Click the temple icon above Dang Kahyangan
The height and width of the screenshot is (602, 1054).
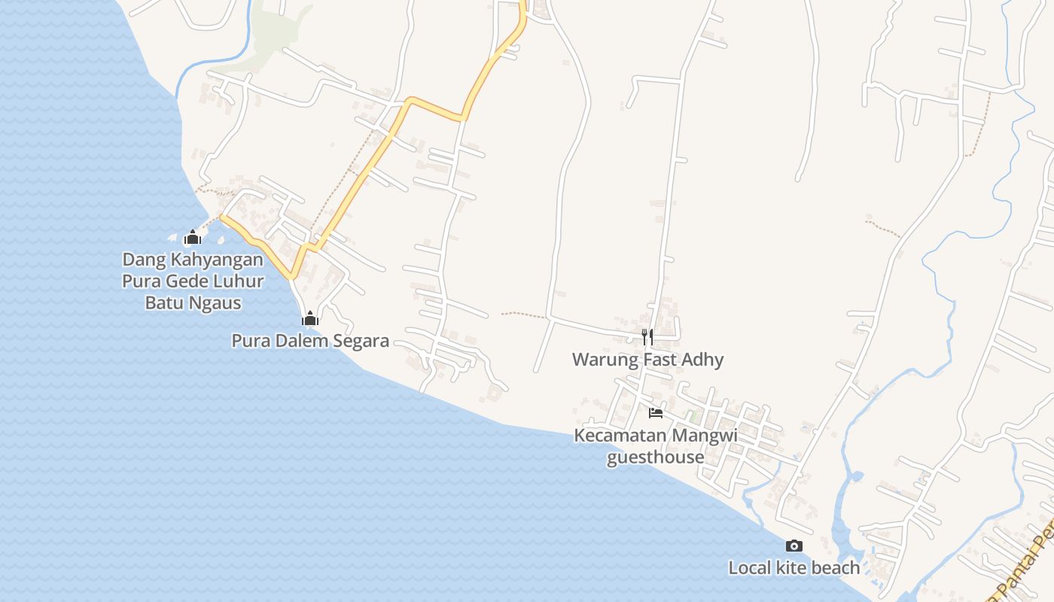coord(193,239)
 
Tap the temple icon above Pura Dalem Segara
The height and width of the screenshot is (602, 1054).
coord(310,318)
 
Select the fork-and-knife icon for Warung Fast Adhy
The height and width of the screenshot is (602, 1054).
coord(647,336)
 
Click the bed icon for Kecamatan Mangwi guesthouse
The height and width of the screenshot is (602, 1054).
coord(656,413)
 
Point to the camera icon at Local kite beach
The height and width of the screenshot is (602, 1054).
coord(794,546)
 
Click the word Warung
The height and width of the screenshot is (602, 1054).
coord(605,360)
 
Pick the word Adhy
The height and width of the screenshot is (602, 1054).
coord(702,360)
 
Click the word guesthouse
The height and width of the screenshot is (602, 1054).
coord(656,458)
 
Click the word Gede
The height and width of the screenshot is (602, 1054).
coord(188,281)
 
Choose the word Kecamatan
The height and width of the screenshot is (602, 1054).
coord(620,436)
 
